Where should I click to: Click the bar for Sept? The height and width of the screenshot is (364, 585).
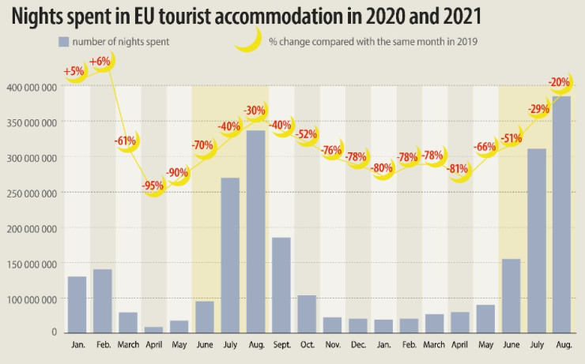pyautogui.click(x=281, y=284)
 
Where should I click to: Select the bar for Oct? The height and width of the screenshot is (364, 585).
pyautogui.click(x=306, y=313)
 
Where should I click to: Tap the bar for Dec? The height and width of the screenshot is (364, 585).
pyautogui.click(x=357, y=325)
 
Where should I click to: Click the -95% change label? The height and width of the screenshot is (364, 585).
pyautogui.click(x=154, y=186)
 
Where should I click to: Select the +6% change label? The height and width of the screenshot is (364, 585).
pyautogui.click(x=100, y=62)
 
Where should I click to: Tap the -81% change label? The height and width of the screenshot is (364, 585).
pyautogui.click(x=459, y=168)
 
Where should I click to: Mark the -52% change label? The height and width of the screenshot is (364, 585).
pyautogui.click(x=306, y=134)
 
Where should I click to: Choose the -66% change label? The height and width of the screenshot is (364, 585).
pyautogui.click(x=485, y=146)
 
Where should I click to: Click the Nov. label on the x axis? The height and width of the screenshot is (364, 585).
pyautogui.click(x=332, y=344)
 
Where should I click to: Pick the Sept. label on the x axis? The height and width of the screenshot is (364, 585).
pyautogui.click(x=281, y=344)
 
